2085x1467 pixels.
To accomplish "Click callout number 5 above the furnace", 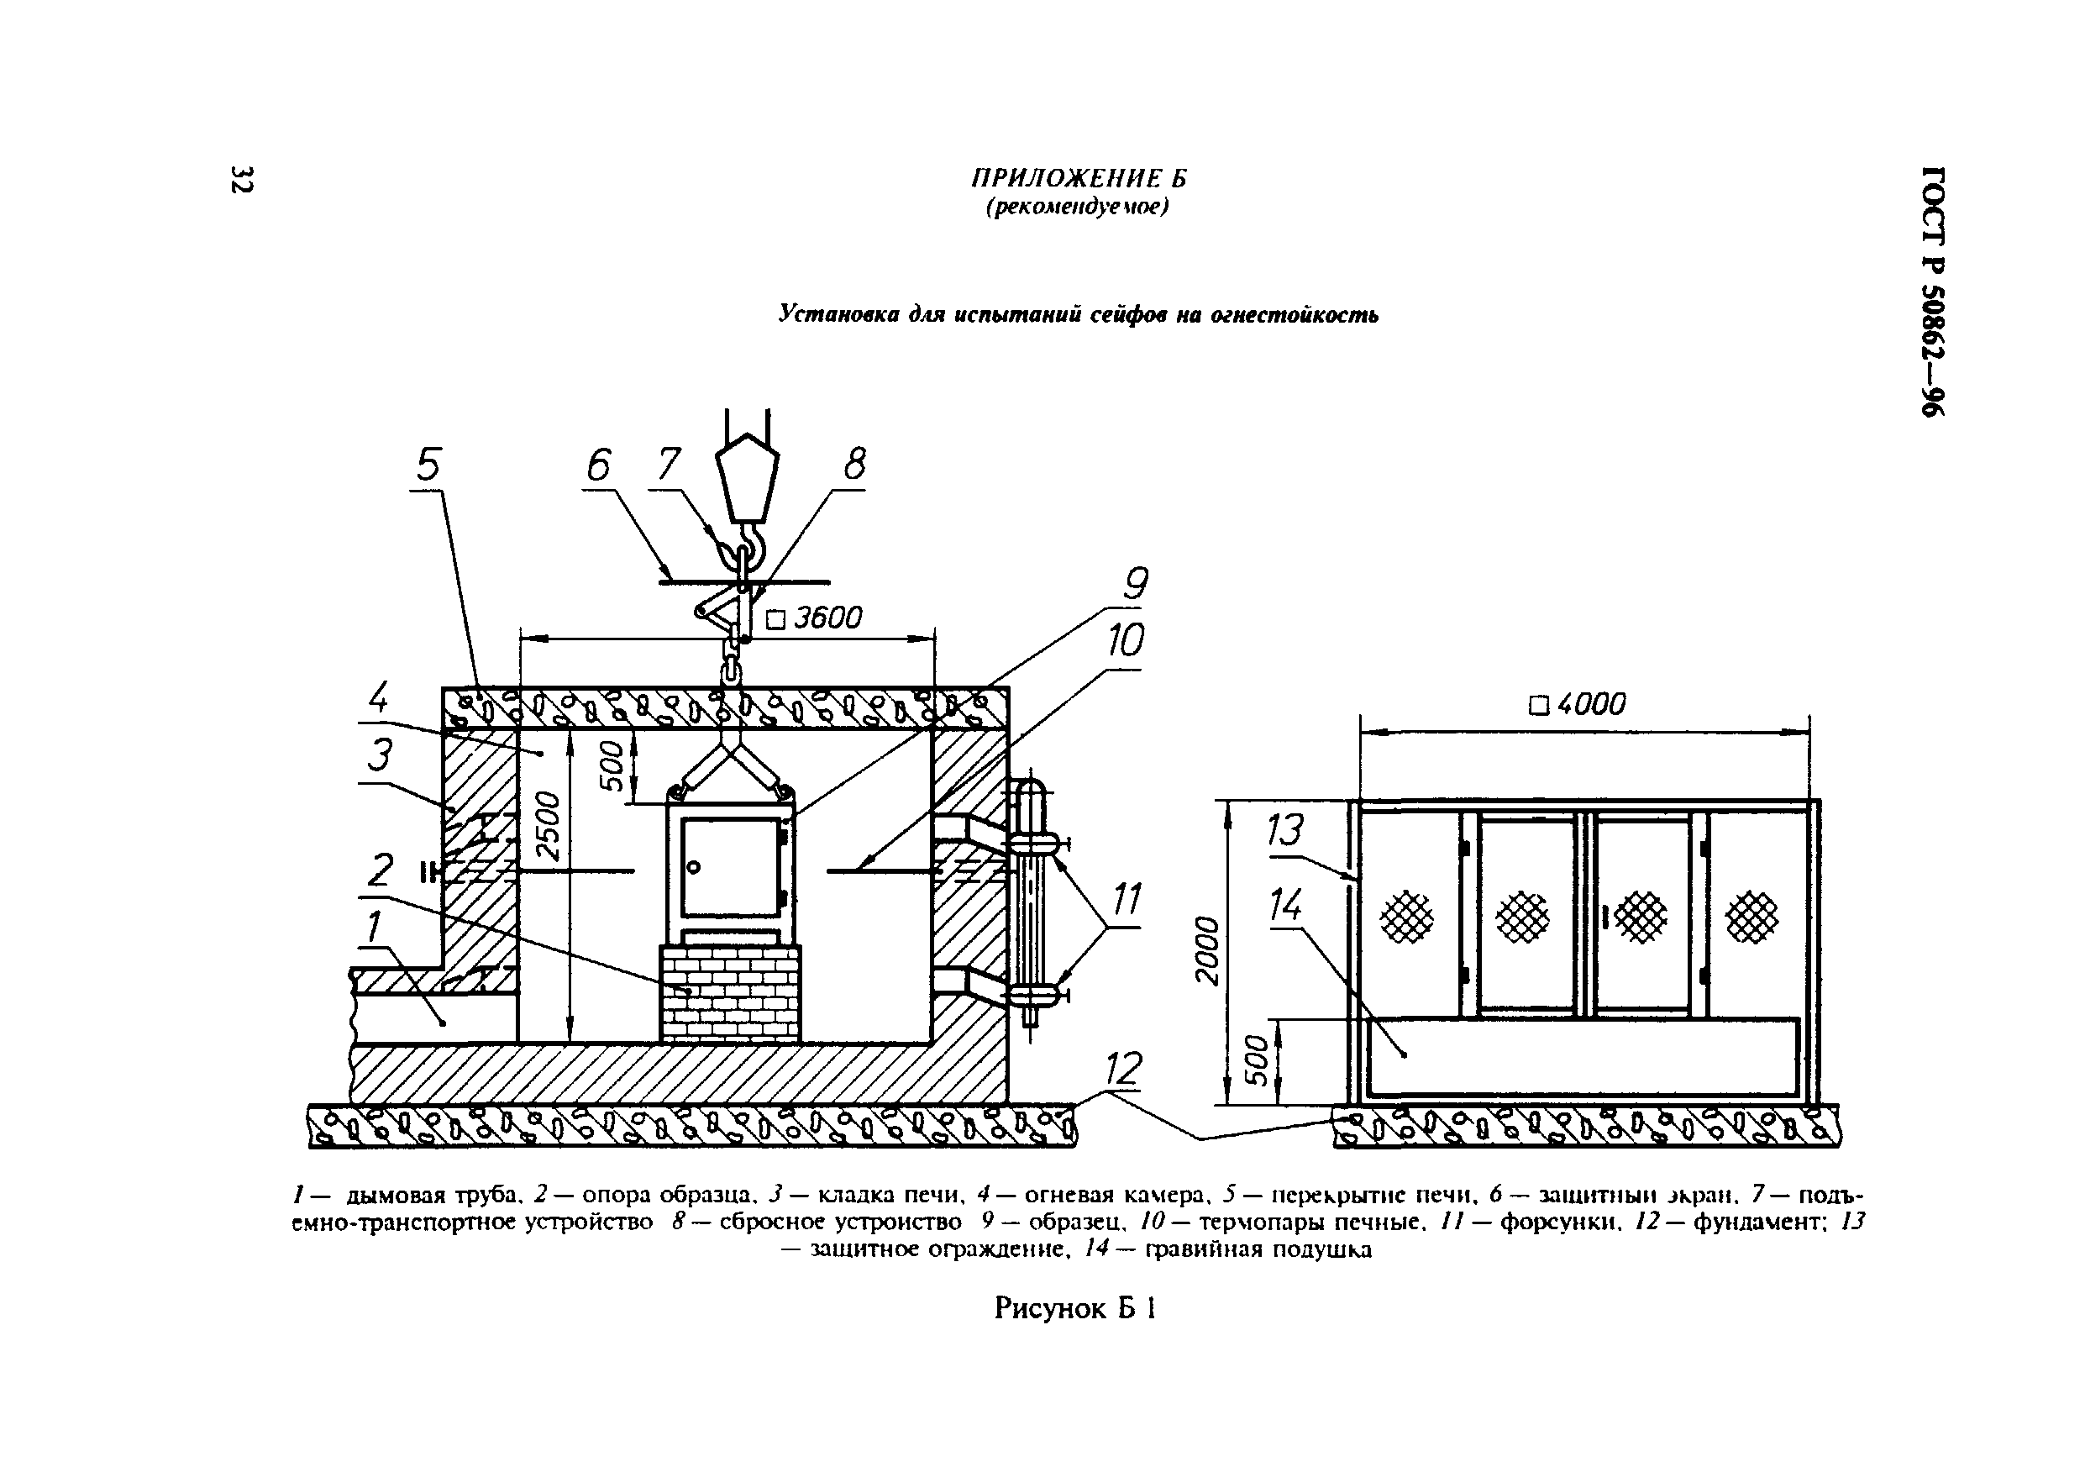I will click(x=428, y=465).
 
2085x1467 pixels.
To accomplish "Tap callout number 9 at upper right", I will click(x=1135, y=583).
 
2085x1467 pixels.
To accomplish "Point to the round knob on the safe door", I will click(x=694, y=867).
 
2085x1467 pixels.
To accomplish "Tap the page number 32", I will click(x=242, y=179).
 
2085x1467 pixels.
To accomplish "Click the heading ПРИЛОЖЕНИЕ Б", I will click(x=1079, y=178).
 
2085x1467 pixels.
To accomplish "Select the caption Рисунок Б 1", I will click(x=1075, y=1308).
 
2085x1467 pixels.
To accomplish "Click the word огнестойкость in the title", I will click(x=1294, y=315).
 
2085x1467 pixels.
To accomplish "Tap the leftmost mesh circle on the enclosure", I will click(x=1406, y=917).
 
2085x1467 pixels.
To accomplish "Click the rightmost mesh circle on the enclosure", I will click(x=1752, y=917).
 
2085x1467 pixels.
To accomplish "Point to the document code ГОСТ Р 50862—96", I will click(x=1932, y=291).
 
